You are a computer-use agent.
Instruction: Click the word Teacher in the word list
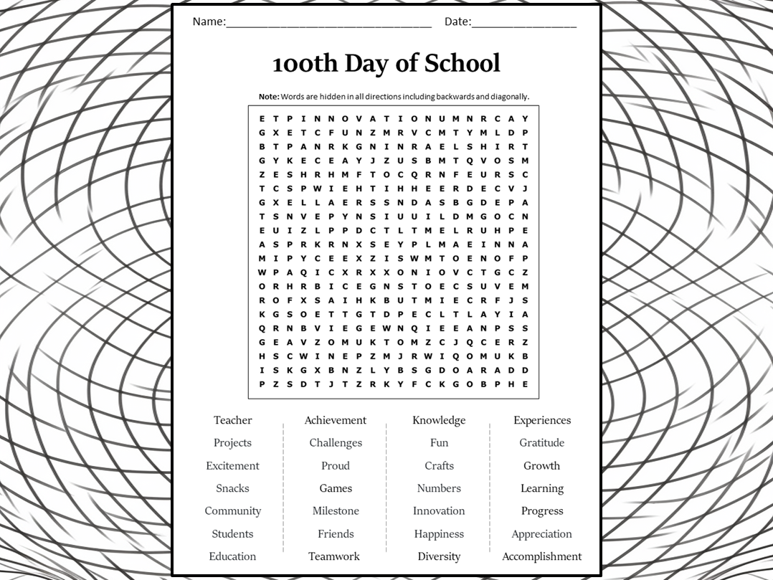pyautogui.click(x=232, y=420)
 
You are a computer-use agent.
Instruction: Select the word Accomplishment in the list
pyautogui.click(x=541, y=556)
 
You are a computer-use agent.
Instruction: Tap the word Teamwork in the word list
pyautogui.click(x=334, y=556)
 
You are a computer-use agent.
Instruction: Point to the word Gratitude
pyautogui.click(x=541, y=443)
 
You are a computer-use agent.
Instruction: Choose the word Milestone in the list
pyautogui.click(x=336, y=511)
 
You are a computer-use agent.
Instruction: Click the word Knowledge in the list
pyautogui.click(x=439, y=420)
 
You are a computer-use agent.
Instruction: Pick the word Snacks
pyautogui.click(x=232, y=488)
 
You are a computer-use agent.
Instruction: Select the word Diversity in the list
pyautogui.click(x=439, y=556)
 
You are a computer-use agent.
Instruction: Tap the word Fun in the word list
pyautogui.click(x=439, y=443)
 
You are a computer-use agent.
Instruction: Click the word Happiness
pyautogui.click(x=439, y=534)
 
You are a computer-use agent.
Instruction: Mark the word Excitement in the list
pyautogui.click(x=232, y=466)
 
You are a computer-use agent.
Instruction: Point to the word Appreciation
pyautogui.click(x=541, y=534)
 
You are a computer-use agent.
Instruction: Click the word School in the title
pyautogui.click(x=463, y=63)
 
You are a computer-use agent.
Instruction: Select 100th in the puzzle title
pyautogui.click(x=305, y=63)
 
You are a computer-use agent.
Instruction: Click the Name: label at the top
pyautogui.click(x=209, y=22)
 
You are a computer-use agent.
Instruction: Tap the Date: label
pyautogui.click(x=457, y=22)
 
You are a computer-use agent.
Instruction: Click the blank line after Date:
pyautogui.click(x=524, y=24)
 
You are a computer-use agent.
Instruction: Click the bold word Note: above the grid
pyautogui.click(x=269, y=97)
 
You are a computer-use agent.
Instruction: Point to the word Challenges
pyautogui.click(x=336, y=443)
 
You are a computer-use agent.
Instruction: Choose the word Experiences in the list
pyautogui.click(x=541, y=420)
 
